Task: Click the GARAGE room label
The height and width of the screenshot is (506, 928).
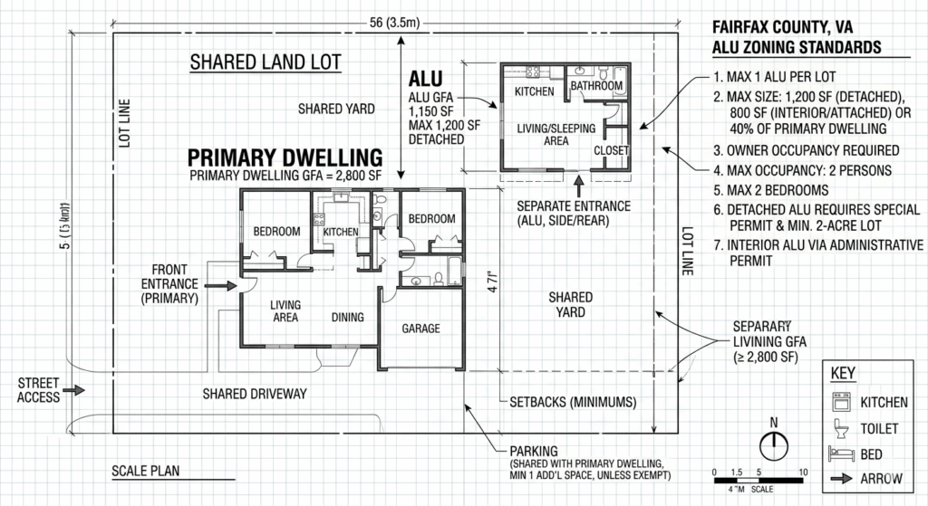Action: pyautogui.click(x=420, y=329)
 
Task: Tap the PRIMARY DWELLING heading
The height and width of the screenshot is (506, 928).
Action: pyautogui.click(x=284, y=156)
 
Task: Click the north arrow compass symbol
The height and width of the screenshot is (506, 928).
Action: pyautogui.click(x=772, y=444)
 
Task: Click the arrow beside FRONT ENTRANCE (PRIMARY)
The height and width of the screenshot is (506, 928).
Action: pyautogui.click(x=221, y=284)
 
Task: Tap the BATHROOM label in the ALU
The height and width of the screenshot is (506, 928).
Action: pyautogui.click(x=595, y=86)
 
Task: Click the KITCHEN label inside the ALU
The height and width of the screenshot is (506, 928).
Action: pyautogui.click(x=534, y=92)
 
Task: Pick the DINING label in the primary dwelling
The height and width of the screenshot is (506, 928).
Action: pyautogui.click(x=347, y=317)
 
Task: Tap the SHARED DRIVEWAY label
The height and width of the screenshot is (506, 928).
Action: pyautogui.click(x=255, y=394)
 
